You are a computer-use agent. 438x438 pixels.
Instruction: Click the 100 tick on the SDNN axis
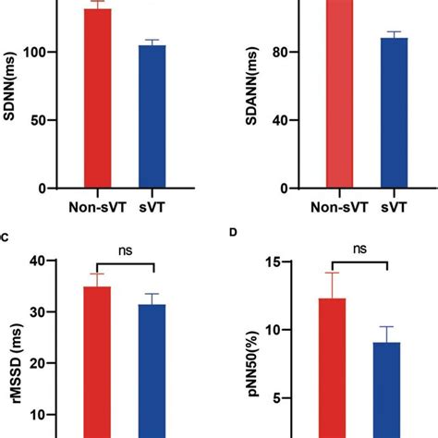[x=41, y=53]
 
